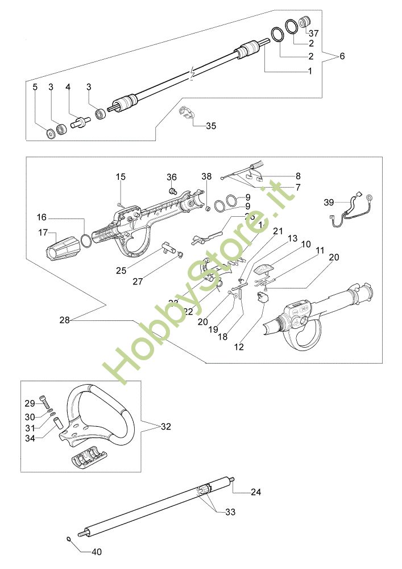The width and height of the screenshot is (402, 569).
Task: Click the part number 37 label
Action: coord(313,34)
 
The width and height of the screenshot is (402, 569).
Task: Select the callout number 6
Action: coord(342,56)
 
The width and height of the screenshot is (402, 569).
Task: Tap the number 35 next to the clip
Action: coord(211,126)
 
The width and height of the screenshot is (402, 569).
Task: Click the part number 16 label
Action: coord(42,217)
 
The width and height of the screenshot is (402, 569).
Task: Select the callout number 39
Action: coord(329,202)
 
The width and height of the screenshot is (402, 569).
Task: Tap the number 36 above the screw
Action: coord(172,177)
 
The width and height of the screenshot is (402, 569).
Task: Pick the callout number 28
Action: coord(64,320)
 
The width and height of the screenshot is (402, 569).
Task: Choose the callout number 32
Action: coord(165,426)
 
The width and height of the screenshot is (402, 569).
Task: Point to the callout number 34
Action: coord(31,438)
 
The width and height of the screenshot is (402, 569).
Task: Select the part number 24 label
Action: coord(256,491)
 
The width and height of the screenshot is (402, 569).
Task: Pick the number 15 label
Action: coord(120,177)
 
